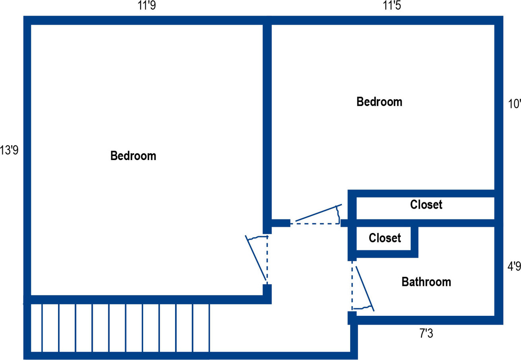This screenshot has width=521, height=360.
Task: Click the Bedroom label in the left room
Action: (133, 156)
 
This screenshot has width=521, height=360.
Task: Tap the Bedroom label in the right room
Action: (379, 102)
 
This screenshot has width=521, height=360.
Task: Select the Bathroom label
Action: (426, 282)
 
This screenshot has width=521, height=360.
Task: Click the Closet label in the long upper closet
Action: (426, 205)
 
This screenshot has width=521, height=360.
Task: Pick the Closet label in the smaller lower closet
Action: (384, 238)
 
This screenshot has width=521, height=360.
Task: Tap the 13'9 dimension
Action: (10, 151)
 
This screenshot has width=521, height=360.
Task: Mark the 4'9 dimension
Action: (513, 266)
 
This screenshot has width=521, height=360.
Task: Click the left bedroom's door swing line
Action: (256, 258)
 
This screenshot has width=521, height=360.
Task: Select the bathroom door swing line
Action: (365, 289)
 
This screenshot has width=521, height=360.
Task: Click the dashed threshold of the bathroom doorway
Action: (352, 285)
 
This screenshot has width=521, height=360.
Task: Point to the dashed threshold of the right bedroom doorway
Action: (314, 224)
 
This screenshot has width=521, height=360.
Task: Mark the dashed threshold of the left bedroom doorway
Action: (267, 259)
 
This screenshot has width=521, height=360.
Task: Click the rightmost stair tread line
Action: (209, 328)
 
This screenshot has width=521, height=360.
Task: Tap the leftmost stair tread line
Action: (42, 328)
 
